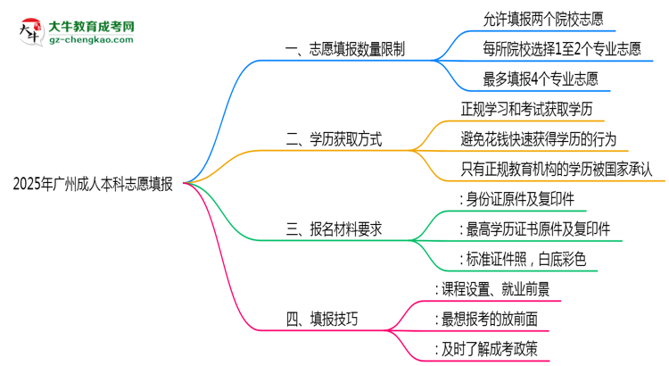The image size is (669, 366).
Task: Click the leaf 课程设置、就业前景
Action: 491,289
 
